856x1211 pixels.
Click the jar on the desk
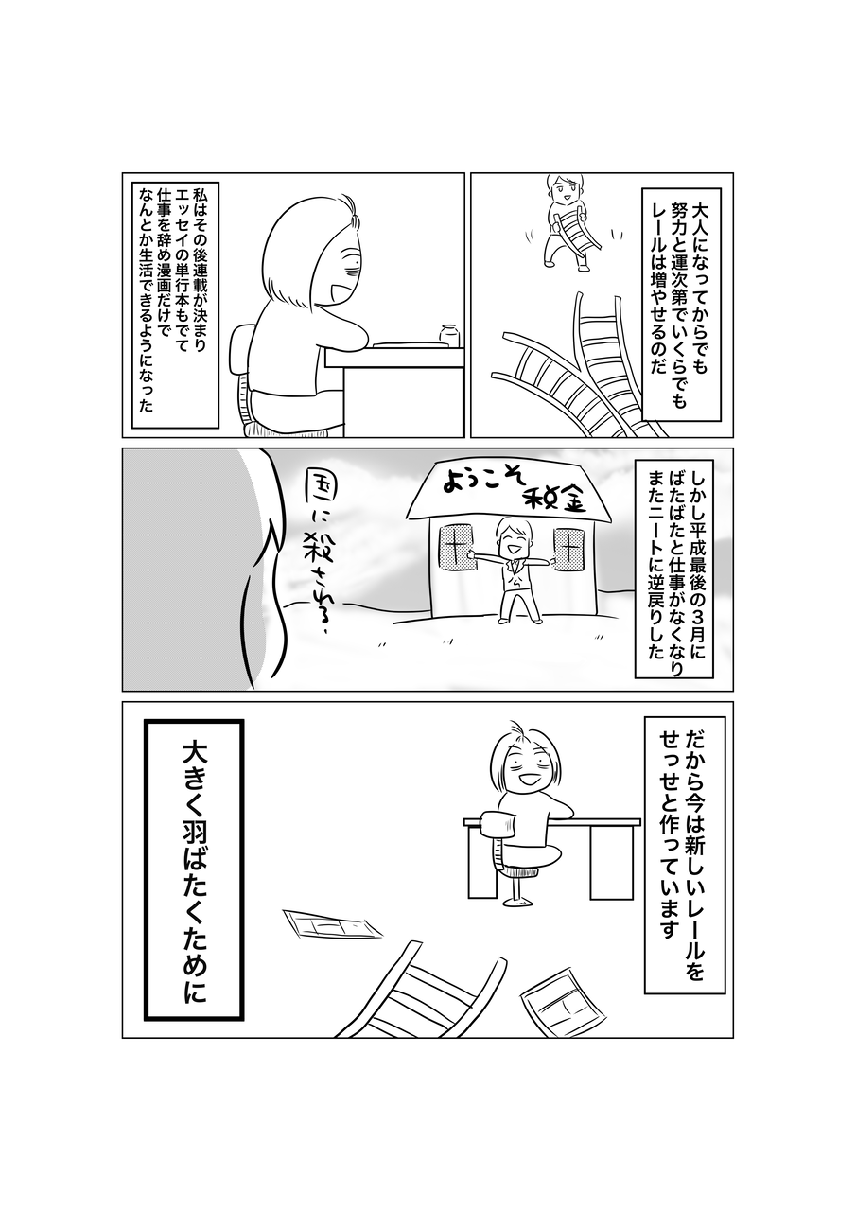[x=449, y=335]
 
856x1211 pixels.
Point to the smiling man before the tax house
[x=514, y=570]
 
